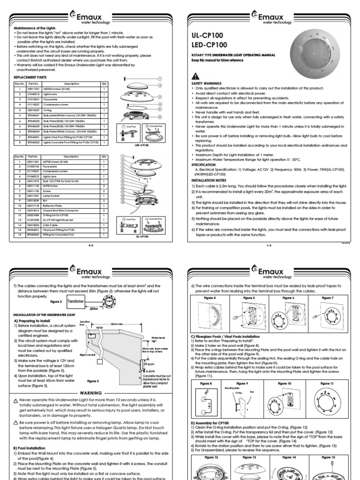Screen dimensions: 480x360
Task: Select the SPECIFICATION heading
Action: (203, 165)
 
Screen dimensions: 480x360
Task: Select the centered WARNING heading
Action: (91, 393)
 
